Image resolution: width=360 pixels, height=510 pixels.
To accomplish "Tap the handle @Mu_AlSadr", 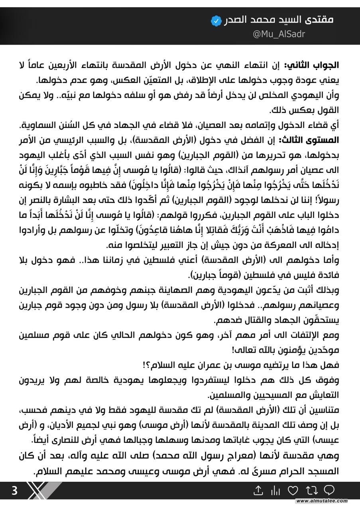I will [279, 34].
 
